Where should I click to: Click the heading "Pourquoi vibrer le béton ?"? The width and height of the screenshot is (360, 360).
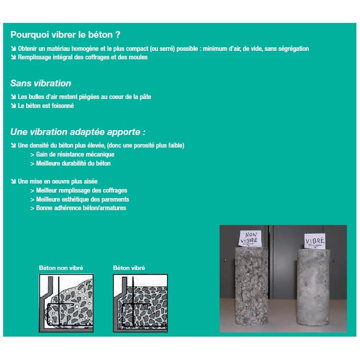pos(65,35)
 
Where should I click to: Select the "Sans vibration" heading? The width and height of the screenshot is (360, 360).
pos(40,83)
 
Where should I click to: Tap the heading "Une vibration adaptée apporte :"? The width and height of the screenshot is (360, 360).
pos(78,132)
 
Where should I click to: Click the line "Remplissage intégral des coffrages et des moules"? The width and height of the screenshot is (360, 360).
pos(83,57)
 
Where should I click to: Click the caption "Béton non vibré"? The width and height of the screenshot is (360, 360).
pos(61,268)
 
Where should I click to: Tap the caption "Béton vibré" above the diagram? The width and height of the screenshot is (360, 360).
pos(129,268)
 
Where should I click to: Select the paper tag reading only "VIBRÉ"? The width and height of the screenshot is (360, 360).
pos(315,241)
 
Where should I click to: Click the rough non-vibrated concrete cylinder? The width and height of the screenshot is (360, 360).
pos(252,286)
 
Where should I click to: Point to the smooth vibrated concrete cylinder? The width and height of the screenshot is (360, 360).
pos(314,288)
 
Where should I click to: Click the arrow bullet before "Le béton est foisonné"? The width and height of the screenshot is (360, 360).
pos(13,106)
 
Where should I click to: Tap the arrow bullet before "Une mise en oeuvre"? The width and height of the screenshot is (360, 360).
pos(13,181)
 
